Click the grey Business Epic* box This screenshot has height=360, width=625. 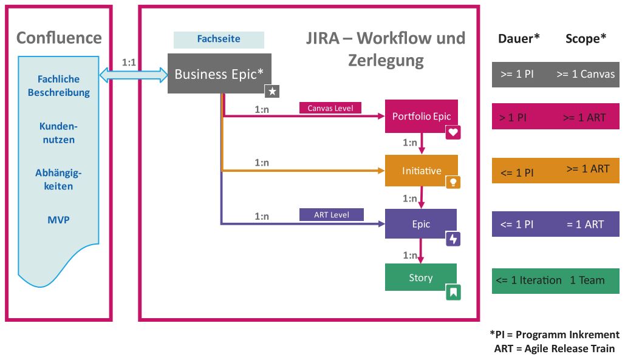[x=219, y=73]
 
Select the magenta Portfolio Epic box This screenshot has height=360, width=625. [x=421, y=116]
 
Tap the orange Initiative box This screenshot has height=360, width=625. [x=421, y=171]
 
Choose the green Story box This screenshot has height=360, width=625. [x=420, y=277]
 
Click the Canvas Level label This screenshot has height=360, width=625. [x=330, y=107]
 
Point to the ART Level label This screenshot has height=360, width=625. [x=330, y=214]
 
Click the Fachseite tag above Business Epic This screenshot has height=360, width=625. [x=219, y=39]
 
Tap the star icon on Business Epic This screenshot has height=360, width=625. [x=272, y=91]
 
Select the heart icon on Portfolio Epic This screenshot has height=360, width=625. [x=453, y=132]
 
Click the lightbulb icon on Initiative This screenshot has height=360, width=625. [x=453, y=182]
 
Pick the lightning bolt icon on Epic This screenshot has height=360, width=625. [x=453, y=239]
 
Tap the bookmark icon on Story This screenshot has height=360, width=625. [x=453, y=293]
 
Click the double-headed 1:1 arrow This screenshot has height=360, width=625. [x=134, y=74]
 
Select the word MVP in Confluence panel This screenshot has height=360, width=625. [x=58, y=219]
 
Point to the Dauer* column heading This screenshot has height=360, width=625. [x=519, y=39]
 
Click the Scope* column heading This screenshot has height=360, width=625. [x=586, y=39]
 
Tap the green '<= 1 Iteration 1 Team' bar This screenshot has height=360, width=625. [x=555, y=280]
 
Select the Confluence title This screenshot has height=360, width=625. [x=59, y=38]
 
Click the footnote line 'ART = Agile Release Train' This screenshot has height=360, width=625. [x=554, y=348]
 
